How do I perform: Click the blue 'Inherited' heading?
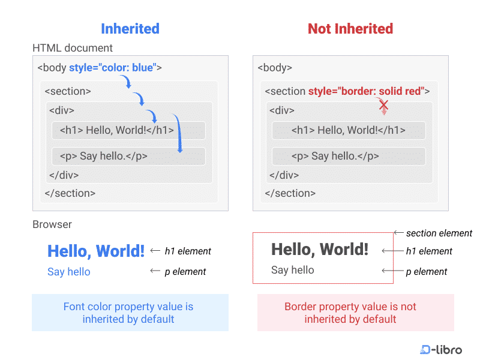click(x=130, y=28)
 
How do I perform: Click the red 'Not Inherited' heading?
click(x=350, y=28)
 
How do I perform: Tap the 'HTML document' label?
click(x=73, y=48)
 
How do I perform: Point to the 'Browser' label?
click(x=52, y=224)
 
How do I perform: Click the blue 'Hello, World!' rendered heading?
click(x=96, y=251)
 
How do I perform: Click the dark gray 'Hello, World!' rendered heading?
click(x=319, y=249)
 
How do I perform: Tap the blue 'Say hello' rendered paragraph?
click(x=69, y=272)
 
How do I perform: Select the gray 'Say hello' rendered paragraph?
click(x=292, y=270)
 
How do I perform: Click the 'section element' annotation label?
click(x=439, y=233)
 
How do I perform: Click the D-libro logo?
click(x=441, y=349)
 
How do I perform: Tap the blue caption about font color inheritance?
click(x=130, y=313)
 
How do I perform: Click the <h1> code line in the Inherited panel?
click(x=116, y=130)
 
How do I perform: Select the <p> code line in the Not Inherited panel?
click(x=335, y=156)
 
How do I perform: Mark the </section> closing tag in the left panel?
click(x=70, y=193)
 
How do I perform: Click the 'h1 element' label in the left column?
click(x=188, y=251)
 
